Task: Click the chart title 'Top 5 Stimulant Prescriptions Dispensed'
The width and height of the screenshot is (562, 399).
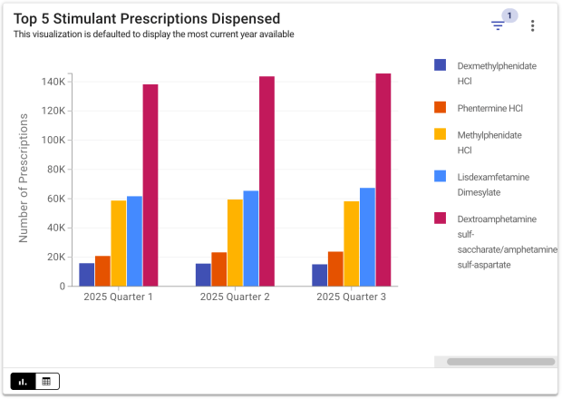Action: [147, 18]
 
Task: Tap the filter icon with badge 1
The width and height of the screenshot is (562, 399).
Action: [498, 25]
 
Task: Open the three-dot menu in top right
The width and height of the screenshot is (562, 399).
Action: [533, 25]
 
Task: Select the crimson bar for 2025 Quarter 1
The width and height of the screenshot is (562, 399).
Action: [150, 185]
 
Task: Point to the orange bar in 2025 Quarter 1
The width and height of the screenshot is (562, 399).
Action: [102, 270]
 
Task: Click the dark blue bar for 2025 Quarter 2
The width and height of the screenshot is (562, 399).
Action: [203, 275]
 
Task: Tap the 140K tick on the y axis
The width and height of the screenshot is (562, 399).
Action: [53, 82]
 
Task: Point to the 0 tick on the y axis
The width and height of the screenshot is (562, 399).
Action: [62, 287]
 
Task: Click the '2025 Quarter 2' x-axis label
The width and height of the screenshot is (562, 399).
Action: [235, 297]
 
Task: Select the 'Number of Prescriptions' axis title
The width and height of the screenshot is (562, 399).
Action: [24, 178]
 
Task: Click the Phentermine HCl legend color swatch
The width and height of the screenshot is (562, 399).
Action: [441, 108]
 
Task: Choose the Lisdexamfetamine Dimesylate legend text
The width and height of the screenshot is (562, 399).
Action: [493, 184]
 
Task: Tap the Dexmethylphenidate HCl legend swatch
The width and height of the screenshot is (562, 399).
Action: [441, 65]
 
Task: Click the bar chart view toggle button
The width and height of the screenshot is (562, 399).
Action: [23, 381]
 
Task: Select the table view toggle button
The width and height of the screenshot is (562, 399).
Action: [47, 381]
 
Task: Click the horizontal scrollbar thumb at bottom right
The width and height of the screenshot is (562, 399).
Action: [500, 361]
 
